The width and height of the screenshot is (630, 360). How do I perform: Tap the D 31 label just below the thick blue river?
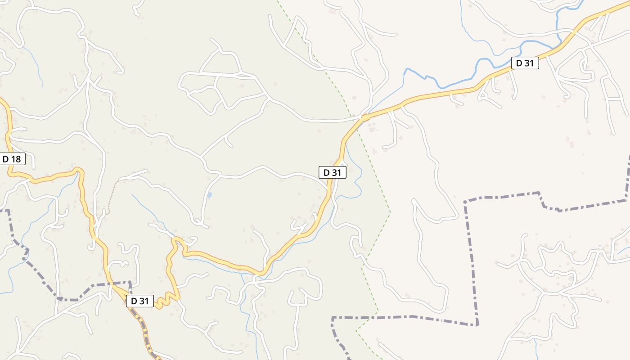[525, 63]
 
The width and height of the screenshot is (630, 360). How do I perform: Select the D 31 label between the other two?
[333, 172]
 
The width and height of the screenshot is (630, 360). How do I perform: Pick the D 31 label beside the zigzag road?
[140, 301]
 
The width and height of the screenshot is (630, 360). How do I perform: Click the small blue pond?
[209, 195]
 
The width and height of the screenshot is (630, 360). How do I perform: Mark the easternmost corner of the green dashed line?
[390, 212]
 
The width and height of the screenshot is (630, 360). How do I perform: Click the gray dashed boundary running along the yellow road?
[143, 328]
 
